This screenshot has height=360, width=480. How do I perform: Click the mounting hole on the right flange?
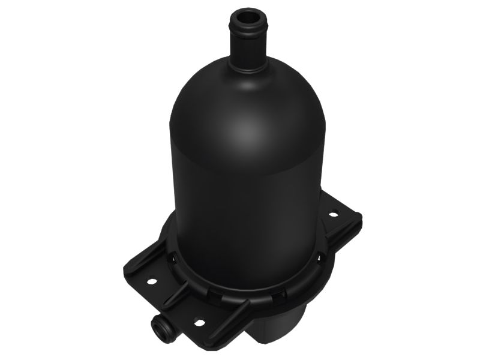332,214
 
